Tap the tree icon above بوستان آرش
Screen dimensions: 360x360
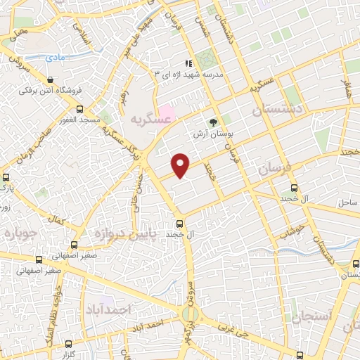tap(214, 120)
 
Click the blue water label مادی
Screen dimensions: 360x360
tap(52, 57)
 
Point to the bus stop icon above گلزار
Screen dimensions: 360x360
tap(68, 344)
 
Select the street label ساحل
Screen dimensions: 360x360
tap(347, 202)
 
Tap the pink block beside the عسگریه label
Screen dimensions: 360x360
tap(166, 111)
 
